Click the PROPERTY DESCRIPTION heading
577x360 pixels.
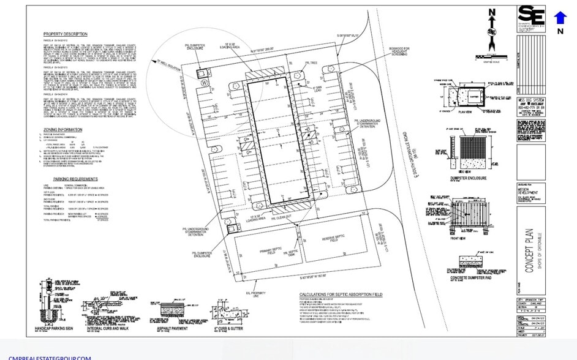pyautogui.click(x=65, y=34)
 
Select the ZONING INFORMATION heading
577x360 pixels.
pyautogui.click(x=62, y=130)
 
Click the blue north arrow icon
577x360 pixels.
pyautogui.click(x=560, y=18)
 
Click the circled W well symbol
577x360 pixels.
pyautogui.click(x=205, y=82)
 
